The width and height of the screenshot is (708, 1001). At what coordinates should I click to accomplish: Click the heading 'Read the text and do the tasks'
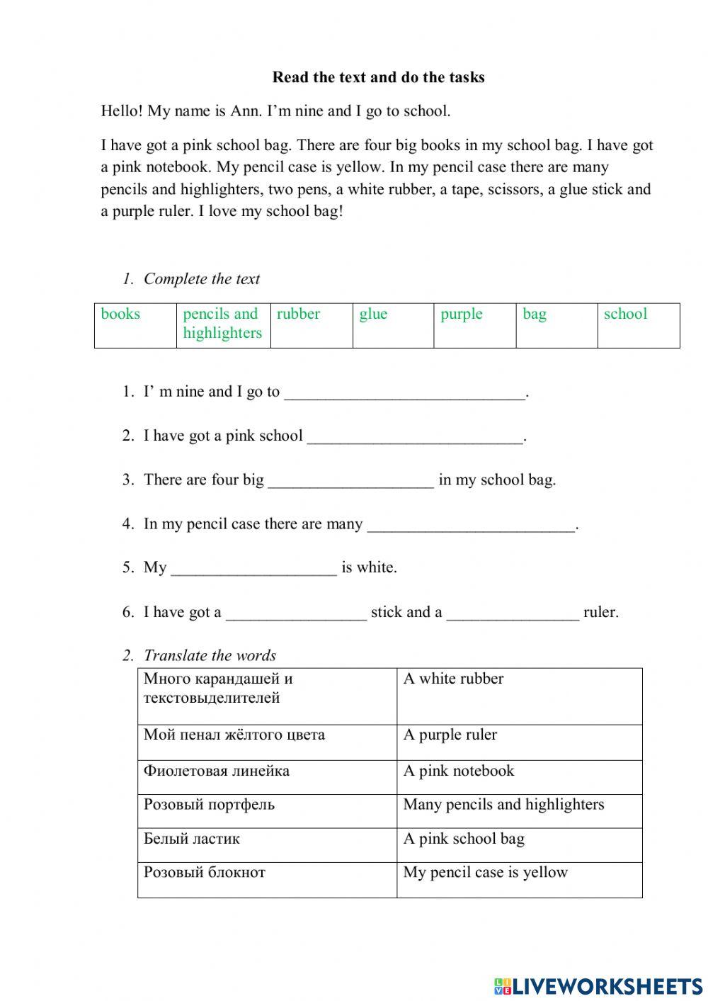[378, 77]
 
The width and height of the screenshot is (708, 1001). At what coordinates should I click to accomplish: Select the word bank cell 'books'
[121, 314]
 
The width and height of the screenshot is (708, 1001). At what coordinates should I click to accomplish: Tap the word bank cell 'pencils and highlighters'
[222, 323]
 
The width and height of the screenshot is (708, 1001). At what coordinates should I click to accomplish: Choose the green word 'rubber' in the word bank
[298, 314]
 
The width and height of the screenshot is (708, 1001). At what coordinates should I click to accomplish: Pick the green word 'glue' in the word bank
[373, 314]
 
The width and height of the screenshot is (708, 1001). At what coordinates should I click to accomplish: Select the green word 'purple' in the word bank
[461, 314]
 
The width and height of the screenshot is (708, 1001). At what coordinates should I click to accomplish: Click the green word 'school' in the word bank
[625, 314]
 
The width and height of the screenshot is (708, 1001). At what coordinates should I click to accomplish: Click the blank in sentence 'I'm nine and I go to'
[405, 392]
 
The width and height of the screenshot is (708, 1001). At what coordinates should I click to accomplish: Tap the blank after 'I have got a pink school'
[415, 436]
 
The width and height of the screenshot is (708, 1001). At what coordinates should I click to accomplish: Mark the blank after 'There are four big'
[351, 480]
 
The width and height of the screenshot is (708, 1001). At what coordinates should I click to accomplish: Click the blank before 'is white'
[253, 568]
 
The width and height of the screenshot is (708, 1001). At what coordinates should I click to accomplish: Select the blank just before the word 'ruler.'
[513, 613]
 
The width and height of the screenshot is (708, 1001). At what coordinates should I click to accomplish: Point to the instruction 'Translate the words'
[210, 655]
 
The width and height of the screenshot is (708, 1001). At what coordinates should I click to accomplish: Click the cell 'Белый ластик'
[192, 839]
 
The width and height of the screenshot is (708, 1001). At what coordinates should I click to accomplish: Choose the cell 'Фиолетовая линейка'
[217, 771]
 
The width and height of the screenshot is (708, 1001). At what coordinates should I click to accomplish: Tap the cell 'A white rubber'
[453, 679]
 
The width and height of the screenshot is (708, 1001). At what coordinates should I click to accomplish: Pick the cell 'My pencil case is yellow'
[486, 872]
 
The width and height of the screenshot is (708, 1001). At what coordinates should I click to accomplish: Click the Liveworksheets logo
[598, 985]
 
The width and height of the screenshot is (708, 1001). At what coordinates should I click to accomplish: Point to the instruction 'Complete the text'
[202, 279]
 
